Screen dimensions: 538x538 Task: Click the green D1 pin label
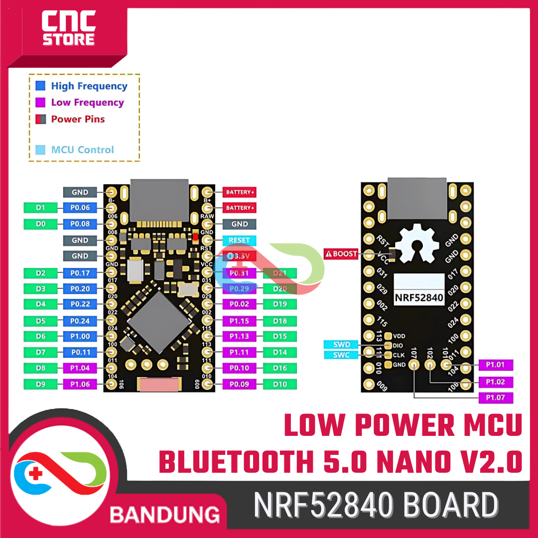tap(41, 207)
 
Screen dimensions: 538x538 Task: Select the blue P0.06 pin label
tap(80, 207)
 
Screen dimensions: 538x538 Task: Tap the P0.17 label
tap(80, 273)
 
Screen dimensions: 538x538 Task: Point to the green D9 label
tap(41, 384)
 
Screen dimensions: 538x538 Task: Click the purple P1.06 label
tap(80, 384)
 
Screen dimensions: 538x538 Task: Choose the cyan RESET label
tap(239, 240)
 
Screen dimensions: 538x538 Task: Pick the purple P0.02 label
tap(239, 304)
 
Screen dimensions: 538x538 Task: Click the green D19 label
tap(280, 304)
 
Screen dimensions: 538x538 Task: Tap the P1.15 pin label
tap(239, 320)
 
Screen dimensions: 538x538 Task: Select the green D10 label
tap(280, 384)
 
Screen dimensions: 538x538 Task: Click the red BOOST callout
tap(341, 254)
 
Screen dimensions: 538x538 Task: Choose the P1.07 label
tap(495, 398)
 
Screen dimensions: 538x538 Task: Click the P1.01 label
tap(495, 365)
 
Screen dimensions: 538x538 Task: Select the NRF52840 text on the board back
tap(419, 297)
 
